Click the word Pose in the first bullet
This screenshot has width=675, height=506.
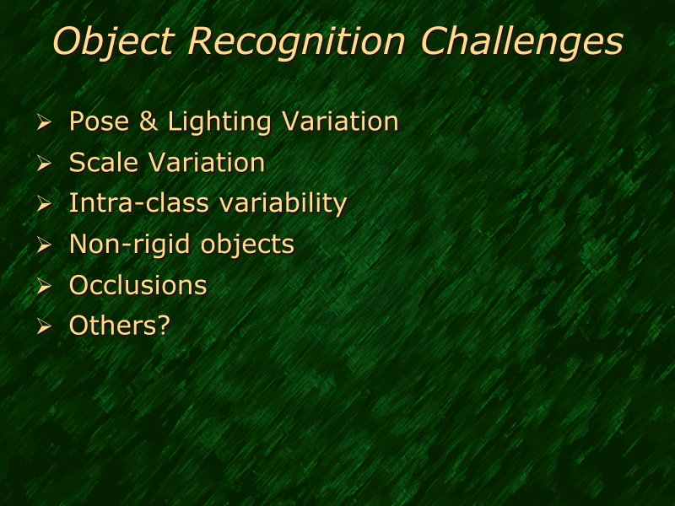(98, 121)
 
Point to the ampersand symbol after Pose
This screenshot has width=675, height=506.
(148, 121)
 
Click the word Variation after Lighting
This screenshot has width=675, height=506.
(339, 121)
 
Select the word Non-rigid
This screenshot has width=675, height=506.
(131, 245)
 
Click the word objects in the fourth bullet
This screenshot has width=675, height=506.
(247, 245)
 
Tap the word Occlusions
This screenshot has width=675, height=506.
(138, 285)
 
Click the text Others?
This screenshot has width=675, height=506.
(119, 326)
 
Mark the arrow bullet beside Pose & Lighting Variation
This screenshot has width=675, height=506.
(44, 124)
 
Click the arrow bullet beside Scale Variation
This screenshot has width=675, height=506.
(44, 164)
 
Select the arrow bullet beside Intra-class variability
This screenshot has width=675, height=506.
(44, 205)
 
